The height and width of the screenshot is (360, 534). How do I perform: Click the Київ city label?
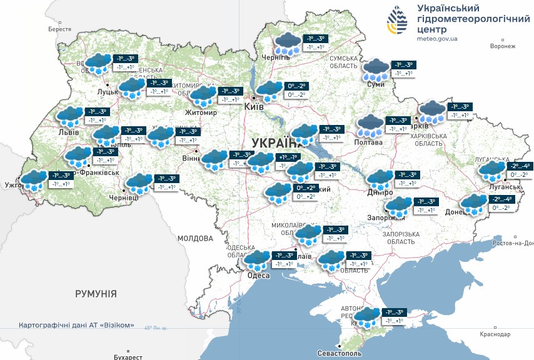point(254,107)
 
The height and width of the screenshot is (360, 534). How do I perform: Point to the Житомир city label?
point(201,112)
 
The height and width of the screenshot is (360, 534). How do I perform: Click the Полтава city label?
point(369,142)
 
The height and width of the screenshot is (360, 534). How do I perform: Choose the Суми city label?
point(375,84)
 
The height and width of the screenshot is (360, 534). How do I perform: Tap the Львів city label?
point(68,132)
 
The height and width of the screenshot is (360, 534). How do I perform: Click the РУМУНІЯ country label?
point(96,293)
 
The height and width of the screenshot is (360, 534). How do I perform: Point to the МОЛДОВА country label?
point(195,238)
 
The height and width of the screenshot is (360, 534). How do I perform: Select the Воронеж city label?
point(503,46)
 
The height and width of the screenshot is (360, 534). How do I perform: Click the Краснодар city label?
point(495,335)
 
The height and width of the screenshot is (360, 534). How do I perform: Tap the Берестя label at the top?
point(59,29)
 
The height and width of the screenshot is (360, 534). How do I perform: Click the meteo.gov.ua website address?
point(437,39)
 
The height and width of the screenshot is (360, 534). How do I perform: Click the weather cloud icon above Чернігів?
point(288,44)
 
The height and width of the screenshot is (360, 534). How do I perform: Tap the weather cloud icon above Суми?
point(376,69)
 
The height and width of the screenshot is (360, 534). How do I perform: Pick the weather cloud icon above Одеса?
point(256,259)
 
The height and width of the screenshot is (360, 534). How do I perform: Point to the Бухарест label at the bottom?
point(129,357)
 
